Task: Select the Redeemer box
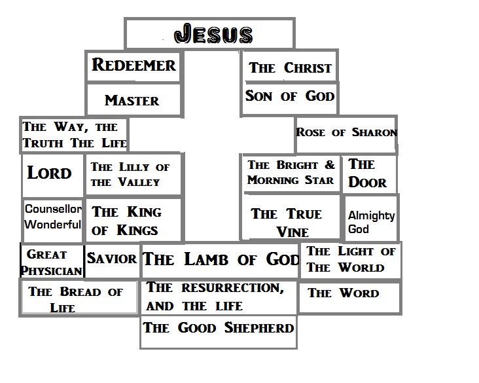coord(133,66)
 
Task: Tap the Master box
coord(132,100)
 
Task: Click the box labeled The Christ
coord(290,68)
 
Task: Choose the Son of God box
coord(290,97)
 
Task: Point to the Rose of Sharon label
coord(346,133)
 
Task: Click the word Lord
coord(50,173)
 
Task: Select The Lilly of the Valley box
coord(133,175)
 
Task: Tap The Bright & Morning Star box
coord(291,173)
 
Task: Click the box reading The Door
coord(368,173)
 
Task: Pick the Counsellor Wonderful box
coord(53,217)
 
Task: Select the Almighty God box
coord(371,222)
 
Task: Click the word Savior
coord(112,259)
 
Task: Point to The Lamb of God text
coord(221,259)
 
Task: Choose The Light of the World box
coord(351,259)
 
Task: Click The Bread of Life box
coord(78,299)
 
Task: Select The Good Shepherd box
coord(219,327)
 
